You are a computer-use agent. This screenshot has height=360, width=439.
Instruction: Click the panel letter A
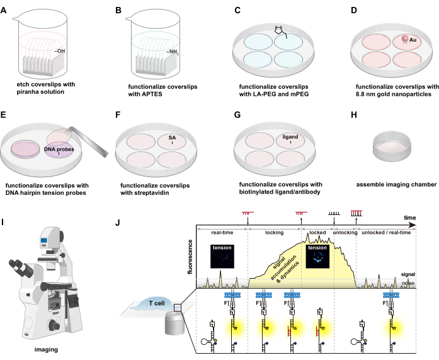click(x=5, y=10)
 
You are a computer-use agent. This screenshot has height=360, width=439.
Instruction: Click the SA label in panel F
click(x=172, y=137)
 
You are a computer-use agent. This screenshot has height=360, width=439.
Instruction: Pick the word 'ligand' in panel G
click(x=290, y=137)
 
